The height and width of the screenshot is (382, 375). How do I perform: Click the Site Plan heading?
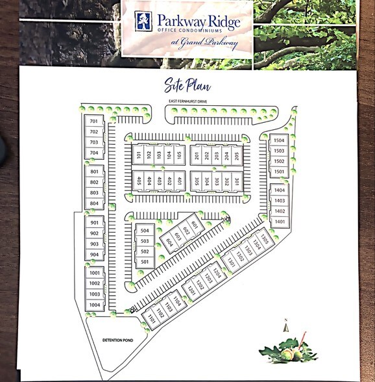coord(187,85)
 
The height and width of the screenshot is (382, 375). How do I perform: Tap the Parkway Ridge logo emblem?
coord(143,21)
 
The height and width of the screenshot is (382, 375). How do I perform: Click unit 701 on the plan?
coord(94,121)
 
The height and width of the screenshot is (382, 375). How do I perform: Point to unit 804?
coord(95,203)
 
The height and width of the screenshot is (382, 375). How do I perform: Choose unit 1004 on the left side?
coord(95,305)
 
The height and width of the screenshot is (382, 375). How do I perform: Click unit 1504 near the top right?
coord(279,140)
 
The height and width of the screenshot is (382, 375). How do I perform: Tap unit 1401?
coord(280,222)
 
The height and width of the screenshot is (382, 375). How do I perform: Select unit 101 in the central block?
coord(139,155)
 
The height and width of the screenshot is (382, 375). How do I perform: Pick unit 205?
coord(237,155)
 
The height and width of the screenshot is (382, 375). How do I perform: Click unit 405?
coord(139,181)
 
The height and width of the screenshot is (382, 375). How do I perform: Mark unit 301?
coord(237,182)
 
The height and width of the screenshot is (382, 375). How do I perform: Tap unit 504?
coord(145,231)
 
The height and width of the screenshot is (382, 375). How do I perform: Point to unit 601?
coord(194,224)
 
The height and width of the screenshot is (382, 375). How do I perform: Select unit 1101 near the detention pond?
coord(151,318)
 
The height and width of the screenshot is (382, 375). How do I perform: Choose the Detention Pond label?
coord(117,340)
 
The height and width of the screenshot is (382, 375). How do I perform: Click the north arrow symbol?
coord(285,326)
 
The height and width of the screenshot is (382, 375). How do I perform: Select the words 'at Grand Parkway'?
coord(204,43)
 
